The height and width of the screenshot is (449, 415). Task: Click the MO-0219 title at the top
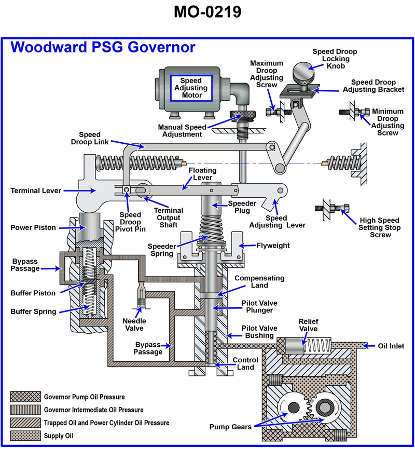coord(208,11)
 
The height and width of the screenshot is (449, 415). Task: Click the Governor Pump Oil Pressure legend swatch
coord(24,397)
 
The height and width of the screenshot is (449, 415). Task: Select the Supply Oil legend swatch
coord(24,436)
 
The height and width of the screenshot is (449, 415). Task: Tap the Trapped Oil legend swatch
coord(24,423)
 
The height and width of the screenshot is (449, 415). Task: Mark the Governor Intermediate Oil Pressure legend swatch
coord(24,410)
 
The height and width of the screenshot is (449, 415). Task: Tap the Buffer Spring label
coord(33,311)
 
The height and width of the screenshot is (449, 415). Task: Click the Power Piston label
coord(33,227)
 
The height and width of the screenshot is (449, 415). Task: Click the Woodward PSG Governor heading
coord(103,47)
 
